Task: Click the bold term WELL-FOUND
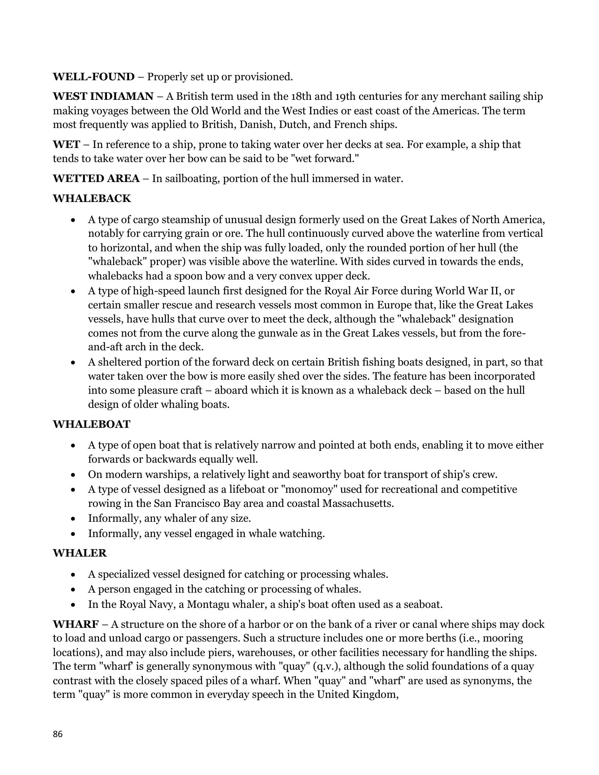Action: (x=94, y=77)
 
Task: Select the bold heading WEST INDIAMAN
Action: (x=103, y=96)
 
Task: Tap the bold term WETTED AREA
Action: (x=96, y=178)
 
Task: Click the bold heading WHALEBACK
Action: (x=92, y=198)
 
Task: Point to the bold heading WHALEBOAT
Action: (x=91, y=424)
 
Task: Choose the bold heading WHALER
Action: (x=79, y=553)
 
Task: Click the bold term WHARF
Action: (x=76, y=624)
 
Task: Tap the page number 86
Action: (x=58, y=734)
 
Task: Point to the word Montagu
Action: (x=207, y=604)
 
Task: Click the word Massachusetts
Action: (x=358, y=503)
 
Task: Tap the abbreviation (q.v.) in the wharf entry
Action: (x=328, y=666)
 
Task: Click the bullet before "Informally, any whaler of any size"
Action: (x=73, y=519)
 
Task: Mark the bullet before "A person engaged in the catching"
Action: (x=73, y=589)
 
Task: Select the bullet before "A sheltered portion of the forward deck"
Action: (x=73, y=362)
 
